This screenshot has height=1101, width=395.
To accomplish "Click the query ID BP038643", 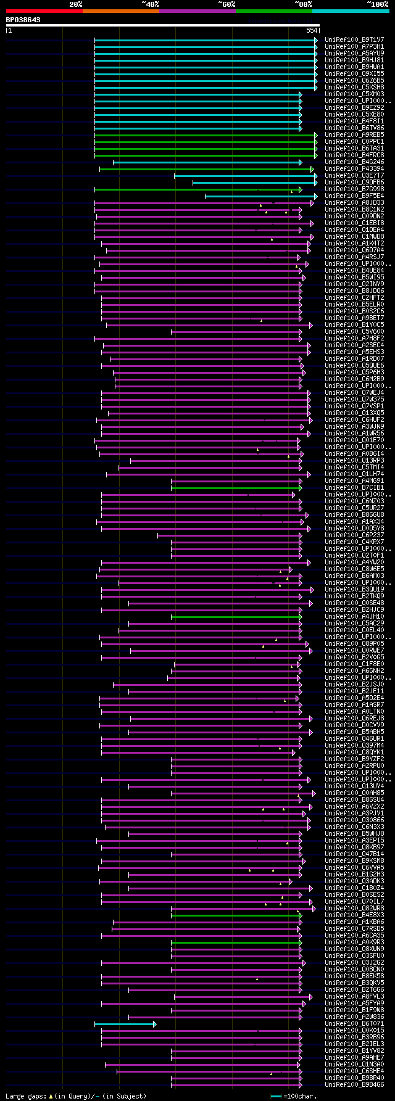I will tap(23, 20).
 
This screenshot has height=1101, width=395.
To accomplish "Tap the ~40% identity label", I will tap(150, 4).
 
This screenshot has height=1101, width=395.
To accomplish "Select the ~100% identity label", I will tap(377, 4).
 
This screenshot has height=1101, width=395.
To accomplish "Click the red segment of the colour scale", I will tap(44, 10).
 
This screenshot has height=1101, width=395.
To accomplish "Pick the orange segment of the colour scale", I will tap(120, 10).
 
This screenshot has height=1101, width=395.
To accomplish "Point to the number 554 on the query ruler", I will tap(312, 30).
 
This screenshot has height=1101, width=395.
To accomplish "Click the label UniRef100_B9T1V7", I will tap(354, 39).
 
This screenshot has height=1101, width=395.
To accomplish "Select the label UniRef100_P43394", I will tap(354, 168).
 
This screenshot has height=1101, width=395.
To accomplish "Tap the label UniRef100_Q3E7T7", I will tap(354, 175).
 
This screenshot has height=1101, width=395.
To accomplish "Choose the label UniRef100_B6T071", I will tap(354, 1023).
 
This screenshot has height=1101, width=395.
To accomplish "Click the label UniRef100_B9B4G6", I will tap(354, 1084).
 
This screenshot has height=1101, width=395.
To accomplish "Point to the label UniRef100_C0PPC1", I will tap(354, 141).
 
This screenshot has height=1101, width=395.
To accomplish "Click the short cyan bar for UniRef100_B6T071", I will tap(124, 1024).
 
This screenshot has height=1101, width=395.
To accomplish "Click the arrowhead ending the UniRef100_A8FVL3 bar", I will tap(311, 997).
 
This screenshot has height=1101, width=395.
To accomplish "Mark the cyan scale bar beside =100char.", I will tap(276, 1096).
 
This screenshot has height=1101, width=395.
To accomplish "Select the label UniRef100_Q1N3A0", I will tap(354, 1064).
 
